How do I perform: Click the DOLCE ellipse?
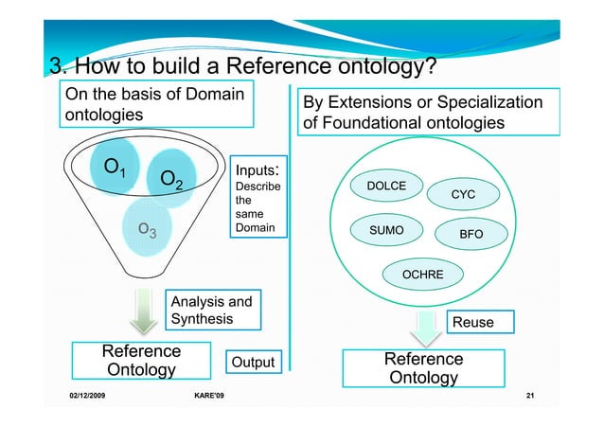coord(386,186)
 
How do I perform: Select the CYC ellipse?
coord(462,194)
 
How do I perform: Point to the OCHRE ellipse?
coord(423,275)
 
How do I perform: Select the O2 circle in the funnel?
coord(172,180)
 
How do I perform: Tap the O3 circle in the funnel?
coord(148,227)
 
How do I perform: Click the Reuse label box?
coord(472,323)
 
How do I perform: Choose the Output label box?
coord(253,363)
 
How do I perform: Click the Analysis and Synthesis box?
coord(210,311)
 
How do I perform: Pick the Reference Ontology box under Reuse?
coord(423,368)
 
